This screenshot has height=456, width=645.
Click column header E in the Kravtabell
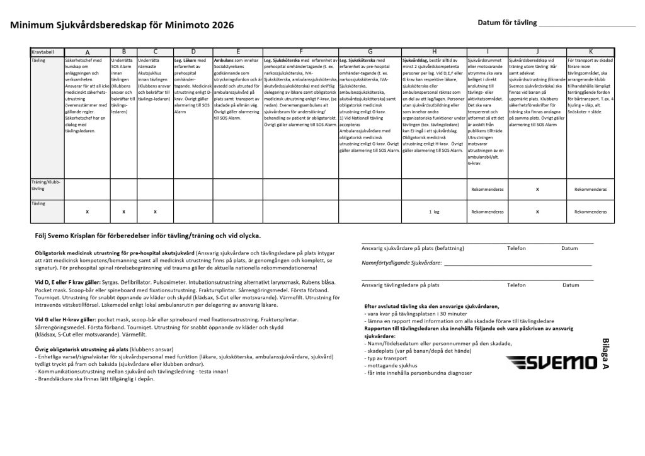click(x=238, y=51)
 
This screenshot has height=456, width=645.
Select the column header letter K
click(x=590, y=51)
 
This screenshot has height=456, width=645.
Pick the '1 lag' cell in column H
click(x=434, y=212)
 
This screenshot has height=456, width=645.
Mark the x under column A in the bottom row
click(x=87, y=212)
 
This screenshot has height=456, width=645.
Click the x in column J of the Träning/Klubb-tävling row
click(x=537, y=188)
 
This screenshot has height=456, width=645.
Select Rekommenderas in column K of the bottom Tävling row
click(x=590, y=212)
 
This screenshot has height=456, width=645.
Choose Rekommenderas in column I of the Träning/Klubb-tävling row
click(x=487, y=188)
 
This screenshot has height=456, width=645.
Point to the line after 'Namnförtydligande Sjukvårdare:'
click(x=517, y=265)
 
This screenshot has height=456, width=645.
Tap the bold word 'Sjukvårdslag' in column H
click(x=416, y=60)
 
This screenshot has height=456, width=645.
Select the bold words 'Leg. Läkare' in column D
click(x=186, y=60)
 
